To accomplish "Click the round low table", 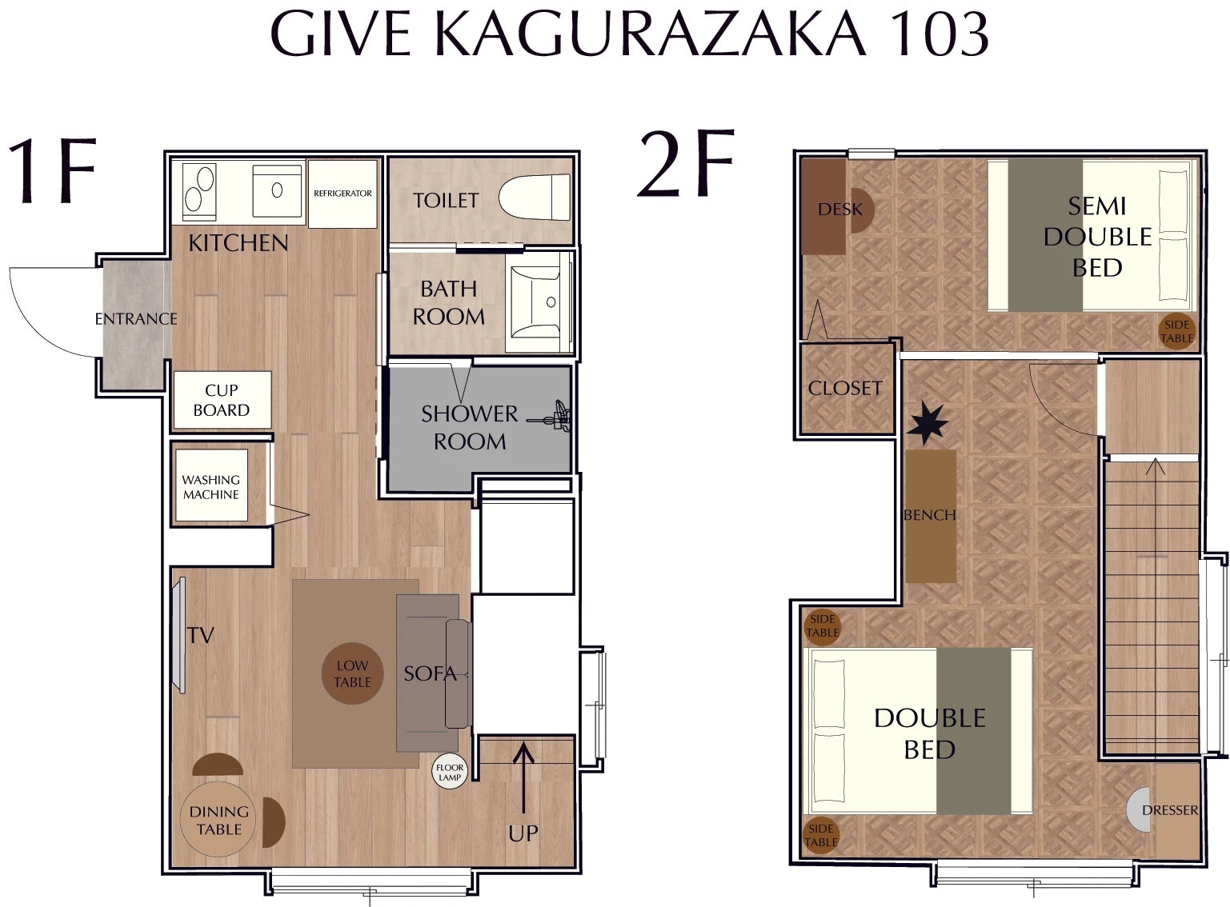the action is point(352,673).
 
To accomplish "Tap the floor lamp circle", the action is point(449,772).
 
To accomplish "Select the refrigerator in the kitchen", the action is point(343,194).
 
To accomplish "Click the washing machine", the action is point(211,485).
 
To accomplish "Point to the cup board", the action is point(222,400).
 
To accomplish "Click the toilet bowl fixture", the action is point(535,197).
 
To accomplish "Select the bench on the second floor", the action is point(931,516).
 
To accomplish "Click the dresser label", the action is point(1169,810).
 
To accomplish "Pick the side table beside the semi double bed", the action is point(1176,332).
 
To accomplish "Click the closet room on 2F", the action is point(844,388).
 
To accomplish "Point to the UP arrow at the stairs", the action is point(523,778).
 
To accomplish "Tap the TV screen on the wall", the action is point(178,635).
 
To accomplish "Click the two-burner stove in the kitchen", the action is point(198,192).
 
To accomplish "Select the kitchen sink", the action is point(277,190).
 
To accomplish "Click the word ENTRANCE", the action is point(136,319).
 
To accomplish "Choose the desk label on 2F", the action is point(840,209).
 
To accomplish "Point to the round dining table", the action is point(218,820).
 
